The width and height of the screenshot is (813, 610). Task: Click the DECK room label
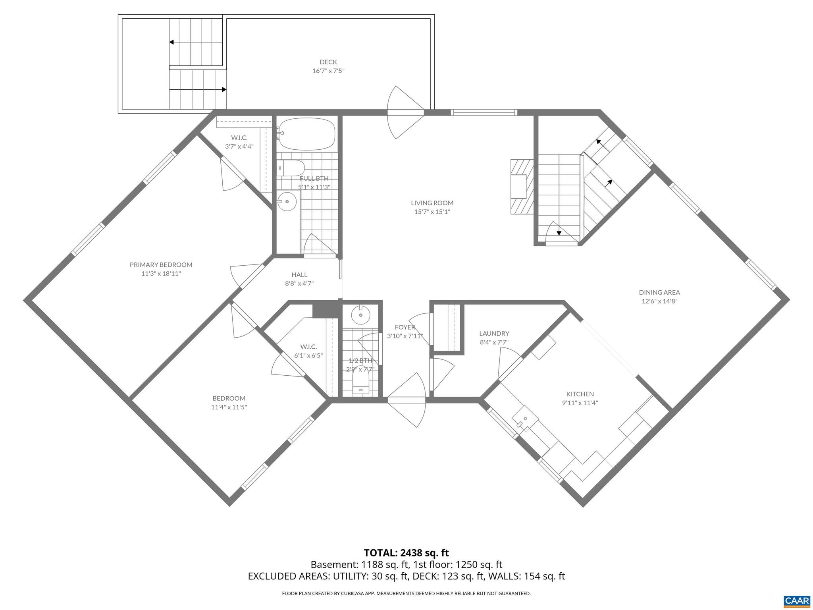coord(328,62)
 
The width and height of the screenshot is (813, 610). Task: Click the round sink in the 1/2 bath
coord(361,315)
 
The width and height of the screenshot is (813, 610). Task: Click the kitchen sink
coord(525,419)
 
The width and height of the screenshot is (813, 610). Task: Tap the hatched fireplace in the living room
coord(522,187)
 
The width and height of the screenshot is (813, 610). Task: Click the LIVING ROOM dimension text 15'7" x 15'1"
coord(432,212)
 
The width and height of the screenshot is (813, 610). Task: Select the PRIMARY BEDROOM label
coord(161,265)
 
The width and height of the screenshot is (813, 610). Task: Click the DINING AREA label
coord(659,293)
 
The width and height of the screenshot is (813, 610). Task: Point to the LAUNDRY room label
coord(494,334)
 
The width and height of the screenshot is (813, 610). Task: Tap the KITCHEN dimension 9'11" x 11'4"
coord(580,403)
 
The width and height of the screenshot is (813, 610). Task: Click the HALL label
coord(299,275)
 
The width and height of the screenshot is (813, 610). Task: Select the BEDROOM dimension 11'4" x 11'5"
coord(229,407)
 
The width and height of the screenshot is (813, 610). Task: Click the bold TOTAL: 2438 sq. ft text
coord(406,553)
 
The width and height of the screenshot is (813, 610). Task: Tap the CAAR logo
coord(797,600)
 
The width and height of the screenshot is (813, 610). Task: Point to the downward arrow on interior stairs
coord(559,232)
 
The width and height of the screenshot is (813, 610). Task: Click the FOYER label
coord(405,327)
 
